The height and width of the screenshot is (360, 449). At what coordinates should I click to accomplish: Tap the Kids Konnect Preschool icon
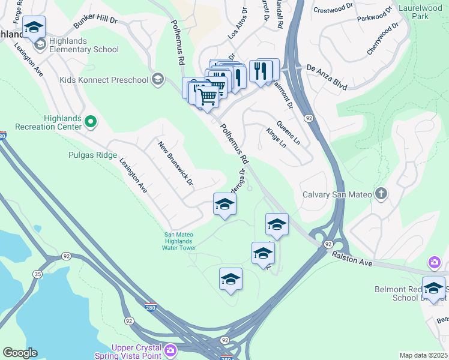pos(158,79)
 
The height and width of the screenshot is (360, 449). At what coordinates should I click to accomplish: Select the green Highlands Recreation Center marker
pos(91,122)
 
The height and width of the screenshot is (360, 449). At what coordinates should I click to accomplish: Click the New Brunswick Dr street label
pos(175,163)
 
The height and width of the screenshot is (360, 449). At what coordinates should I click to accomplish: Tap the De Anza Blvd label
pos(327,78)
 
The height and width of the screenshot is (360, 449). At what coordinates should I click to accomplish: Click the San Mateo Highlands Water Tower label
pos(180,241)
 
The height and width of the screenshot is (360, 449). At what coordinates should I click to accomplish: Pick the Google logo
pos(20,353)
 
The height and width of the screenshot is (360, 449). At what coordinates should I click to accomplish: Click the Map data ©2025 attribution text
pos(423,355)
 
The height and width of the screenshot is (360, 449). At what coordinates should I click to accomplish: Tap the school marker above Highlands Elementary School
pos(34,27)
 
